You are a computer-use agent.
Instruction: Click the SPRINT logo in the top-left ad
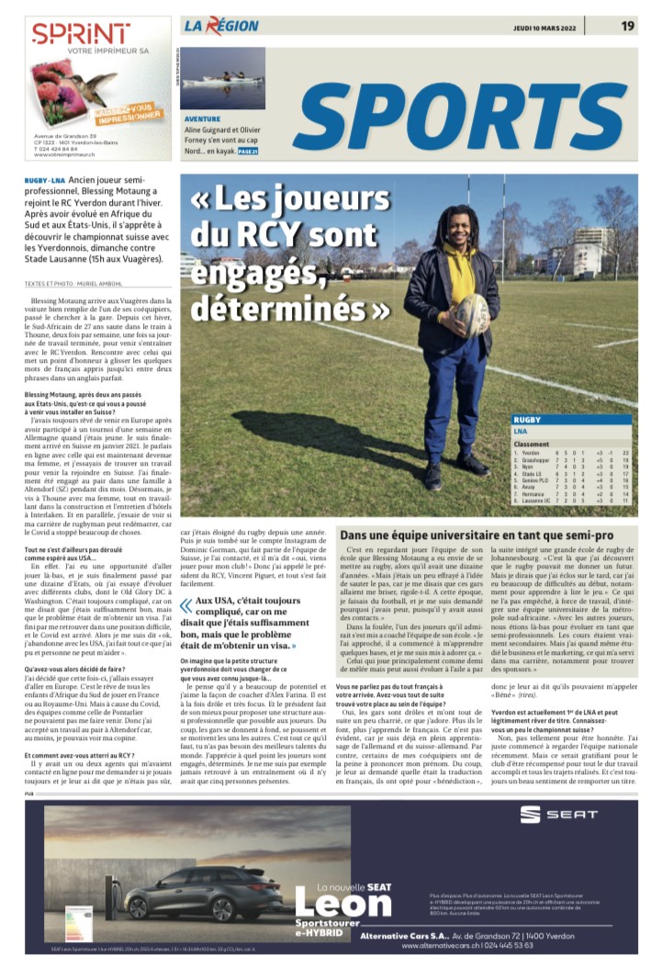tap(81, 34)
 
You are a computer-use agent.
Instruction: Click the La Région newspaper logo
tap(220, 26)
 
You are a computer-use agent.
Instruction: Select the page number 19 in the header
tap(627, 26)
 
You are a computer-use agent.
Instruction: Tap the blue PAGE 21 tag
tap(248, 152)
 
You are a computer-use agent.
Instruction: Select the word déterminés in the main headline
tap(292, 308)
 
